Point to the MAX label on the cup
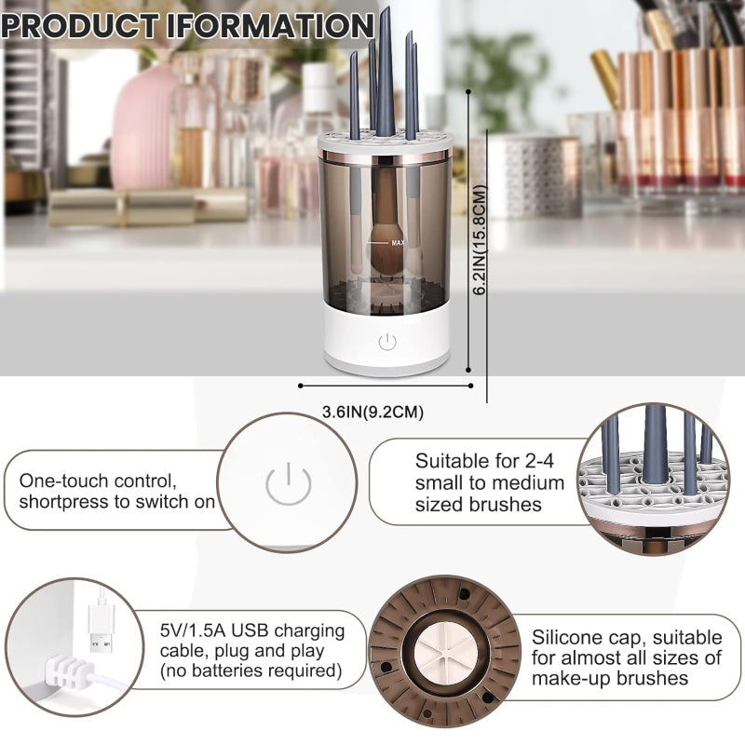398,242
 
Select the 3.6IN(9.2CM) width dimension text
366,411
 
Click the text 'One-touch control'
97,481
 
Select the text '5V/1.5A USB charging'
251,630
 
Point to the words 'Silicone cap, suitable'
627,637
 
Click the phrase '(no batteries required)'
250,670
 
